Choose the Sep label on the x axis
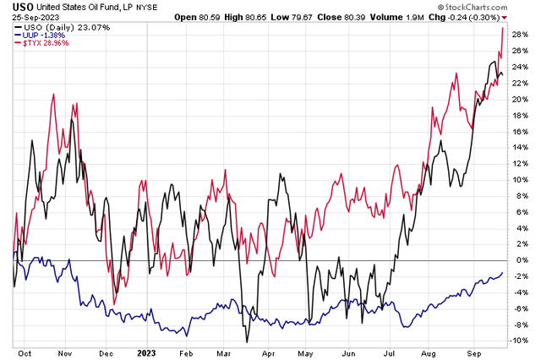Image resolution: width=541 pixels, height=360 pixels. [476, 354]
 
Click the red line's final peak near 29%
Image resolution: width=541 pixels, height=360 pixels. [504, 27]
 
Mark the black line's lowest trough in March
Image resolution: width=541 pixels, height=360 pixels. [246, 342]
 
